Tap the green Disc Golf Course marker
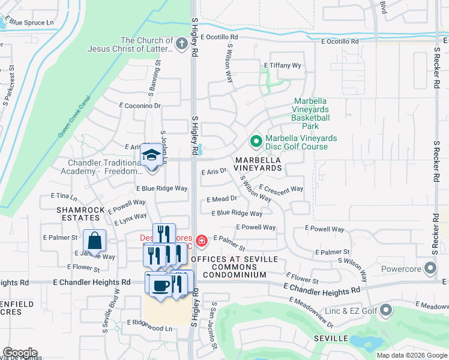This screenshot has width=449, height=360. (x=256, y=142)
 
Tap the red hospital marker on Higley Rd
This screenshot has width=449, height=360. (x=202, y=241)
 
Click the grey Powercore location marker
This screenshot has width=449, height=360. (x=430, y=268)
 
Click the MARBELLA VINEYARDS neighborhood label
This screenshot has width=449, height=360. (x=258, y=164)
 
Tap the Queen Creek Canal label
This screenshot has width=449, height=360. (x=74, y=116)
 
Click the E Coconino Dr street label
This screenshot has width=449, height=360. (x=140, y=105)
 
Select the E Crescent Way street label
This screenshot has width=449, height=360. (x=281, y=193)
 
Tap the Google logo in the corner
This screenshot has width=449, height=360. (x=20, y=353)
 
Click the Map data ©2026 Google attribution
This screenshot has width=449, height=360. (x=411, y=355)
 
